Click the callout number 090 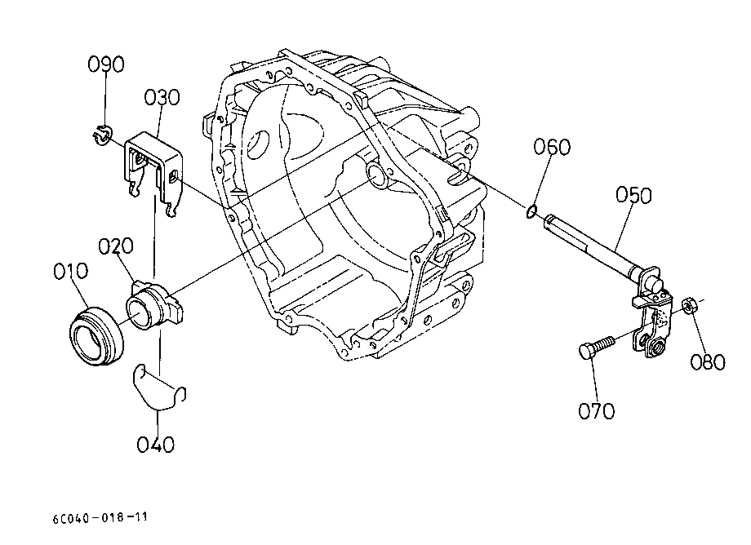(106, 64)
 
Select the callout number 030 (162, 97)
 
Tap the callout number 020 (116, 246)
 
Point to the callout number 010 (71, 271)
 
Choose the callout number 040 (156, 445)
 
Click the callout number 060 (553, 146)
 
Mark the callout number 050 (633, 195)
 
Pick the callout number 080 (708, 361)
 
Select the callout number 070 (596, 410)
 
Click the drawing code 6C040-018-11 (100, 518)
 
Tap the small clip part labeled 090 (101, 134)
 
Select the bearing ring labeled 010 (97, 336)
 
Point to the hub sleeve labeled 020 (154, 305)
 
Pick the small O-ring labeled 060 (531, 211)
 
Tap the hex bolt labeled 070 (598, 347)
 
